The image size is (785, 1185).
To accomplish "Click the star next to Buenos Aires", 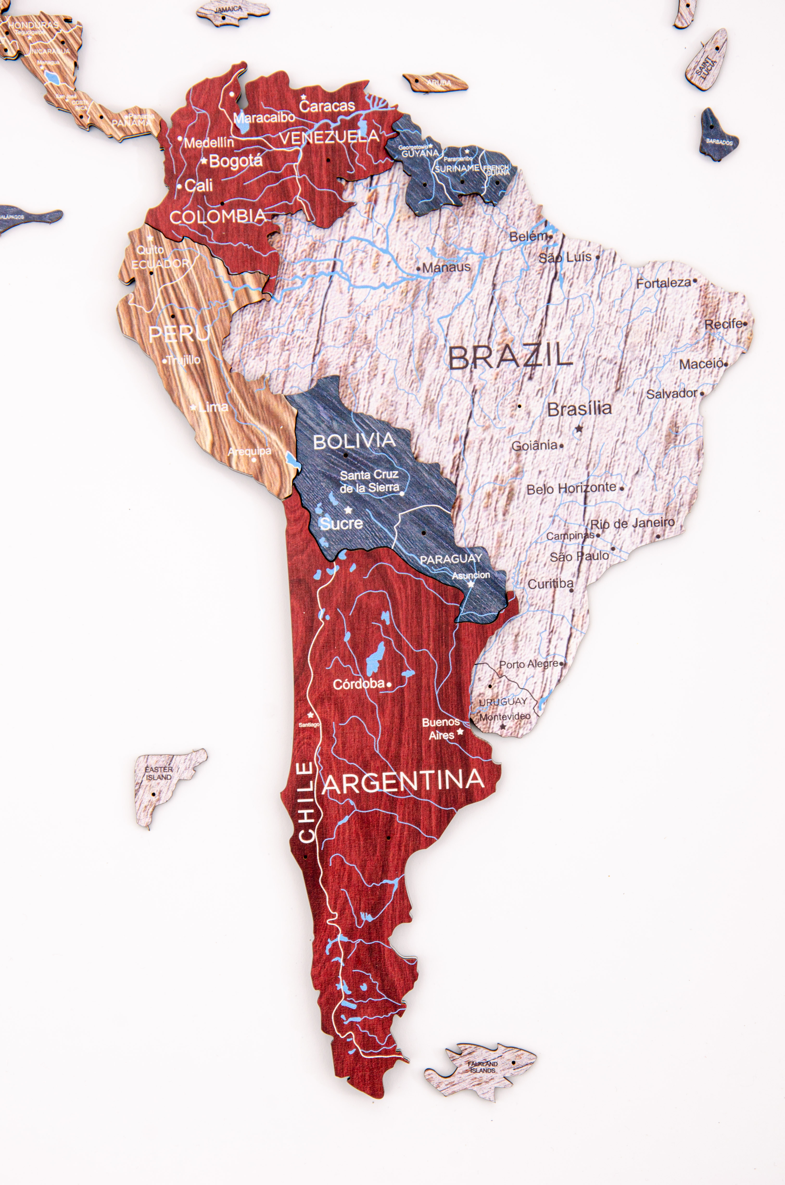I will click(x=460, y=731).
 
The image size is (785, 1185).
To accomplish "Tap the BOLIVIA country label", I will click(x=354, y=441).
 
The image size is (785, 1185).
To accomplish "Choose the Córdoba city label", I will click(x=359, y=684).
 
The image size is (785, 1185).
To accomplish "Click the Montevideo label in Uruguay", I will click(x=505, y=716).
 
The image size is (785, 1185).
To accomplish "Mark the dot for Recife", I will click(x=745, y=324).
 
